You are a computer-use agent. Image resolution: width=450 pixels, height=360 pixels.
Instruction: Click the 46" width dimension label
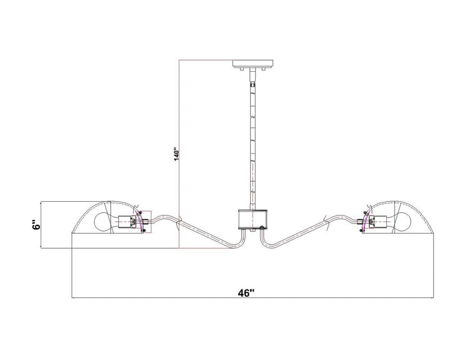246,293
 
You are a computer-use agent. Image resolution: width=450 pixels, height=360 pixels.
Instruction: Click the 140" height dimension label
177,154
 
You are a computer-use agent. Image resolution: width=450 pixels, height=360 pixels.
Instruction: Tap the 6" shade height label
35,225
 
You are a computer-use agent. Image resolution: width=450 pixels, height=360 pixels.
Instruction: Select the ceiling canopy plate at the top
252,64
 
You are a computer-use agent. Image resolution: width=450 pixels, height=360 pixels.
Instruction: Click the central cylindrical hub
252,219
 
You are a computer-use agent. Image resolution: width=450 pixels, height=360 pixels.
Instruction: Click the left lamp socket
127,222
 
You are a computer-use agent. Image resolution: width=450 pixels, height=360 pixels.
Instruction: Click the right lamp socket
378,222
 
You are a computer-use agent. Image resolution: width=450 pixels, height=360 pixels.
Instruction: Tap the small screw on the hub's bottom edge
261,228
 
